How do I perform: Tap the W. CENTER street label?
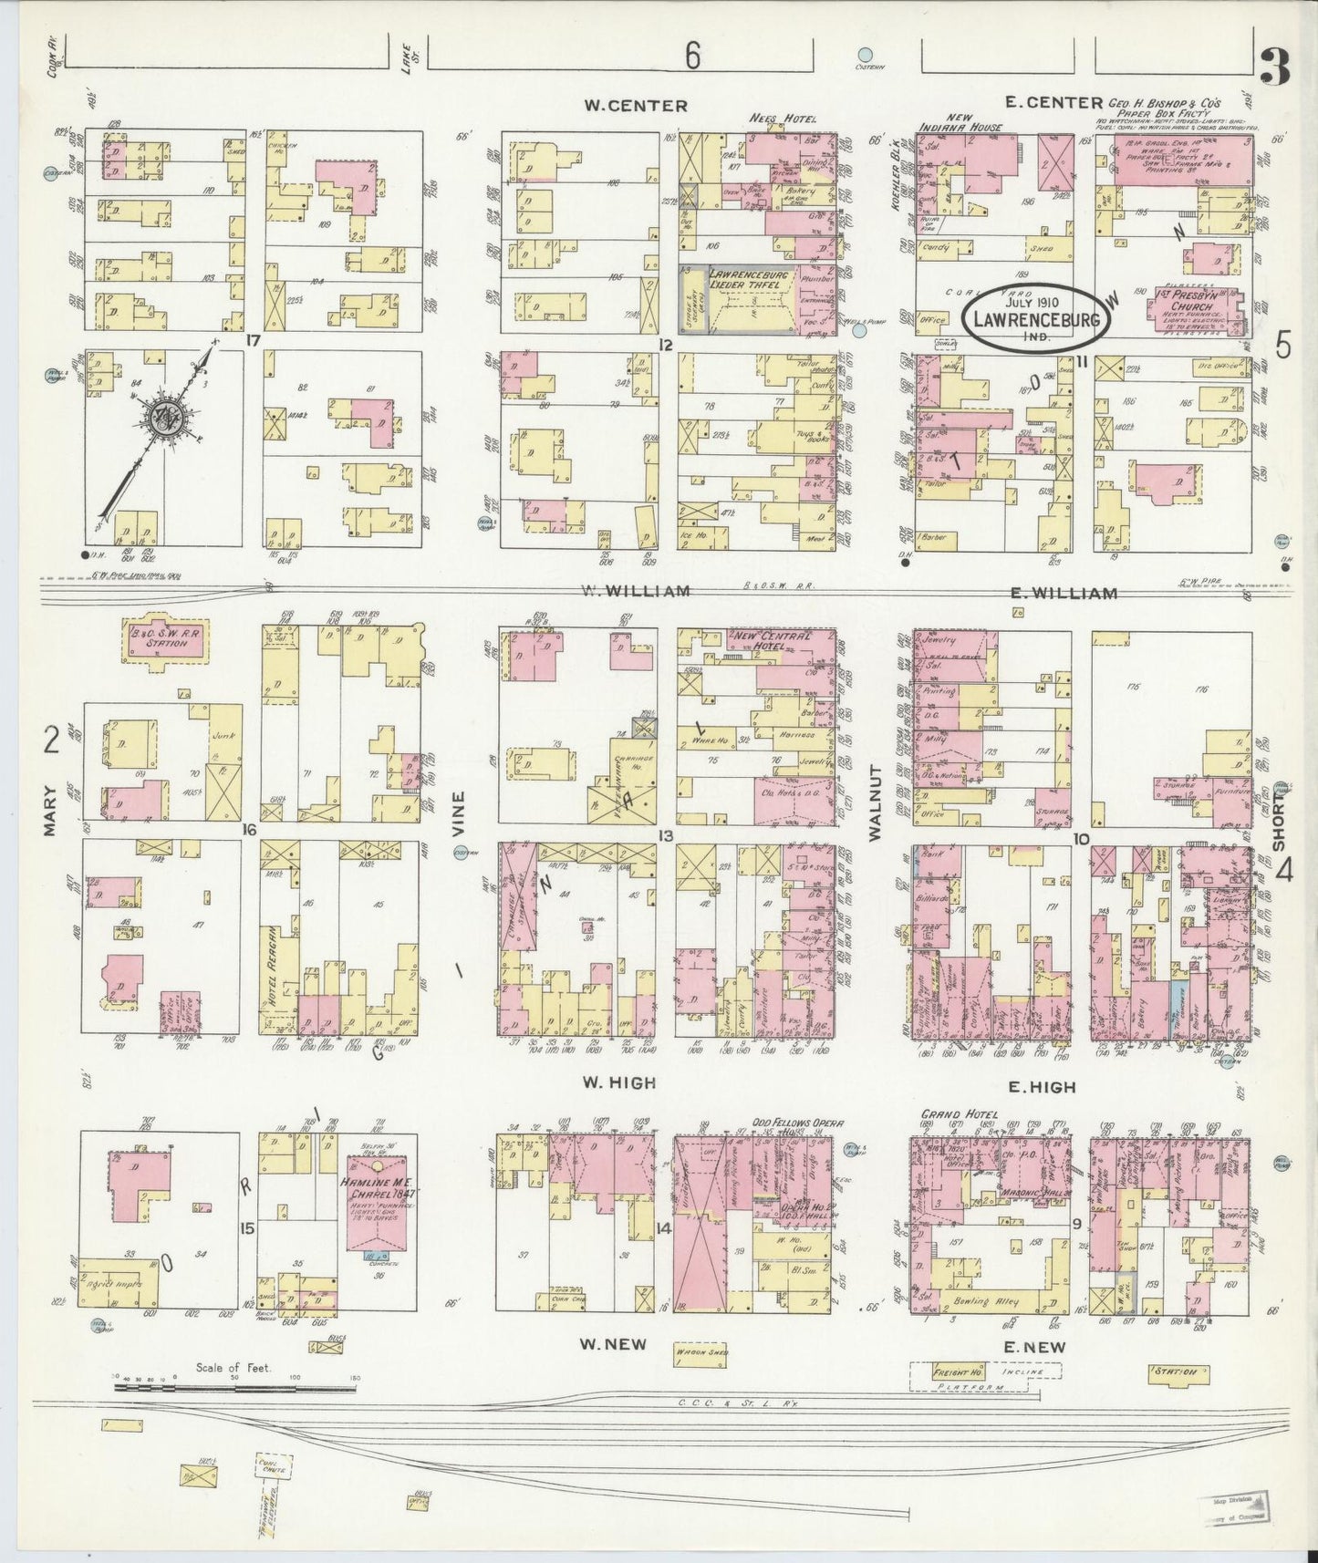[636, 106]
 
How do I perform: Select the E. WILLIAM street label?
[1064, 594]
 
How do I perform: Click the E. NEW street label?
[1033, 1347]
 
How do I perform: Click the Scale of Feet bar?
[233, 1388]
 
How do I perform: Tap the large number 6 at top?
[693, 57]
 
